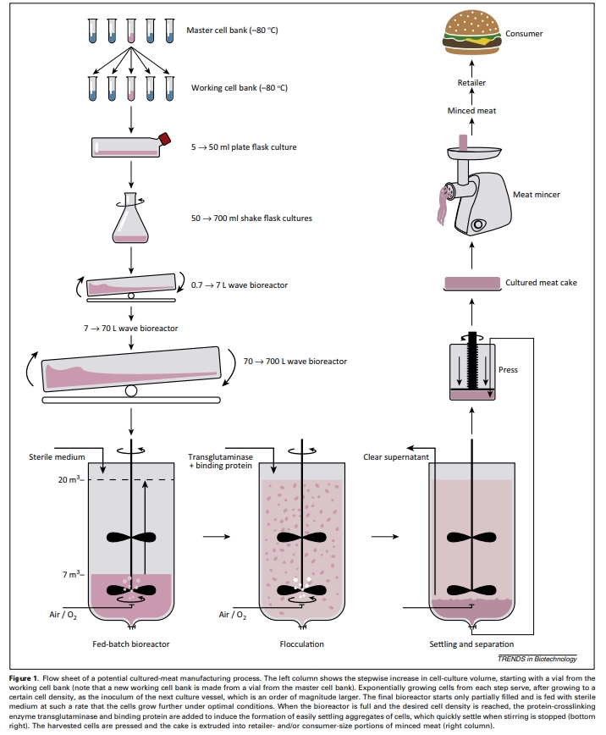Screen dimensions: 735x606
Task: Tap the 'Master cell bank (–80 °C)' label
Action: point(232,31)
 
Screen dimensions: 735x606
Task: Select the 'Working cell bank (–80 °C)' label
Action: point(234,88)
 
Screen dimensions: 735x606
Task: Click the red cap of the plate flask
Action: point(165,138)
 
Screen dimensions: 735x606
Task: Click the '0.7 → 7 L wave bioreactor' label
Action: point(240,285)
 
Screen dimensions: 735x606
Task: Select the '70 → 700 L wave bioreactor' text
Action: point(295,362)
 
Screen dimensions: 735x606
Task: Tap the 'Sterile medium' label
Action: point(52,457)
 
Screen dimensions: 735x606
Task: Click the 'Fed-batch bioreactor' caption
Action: point(131,644)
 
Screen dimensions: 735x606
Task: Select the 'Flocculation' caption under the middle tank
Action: point(302,644)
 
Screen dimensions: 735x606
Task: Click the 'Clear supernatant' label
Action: point(396,457)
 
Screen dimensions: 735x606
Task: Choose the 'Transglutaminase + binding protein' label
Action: point(218,461)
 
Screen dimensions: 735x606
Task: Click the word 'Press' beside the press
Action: point(509,370)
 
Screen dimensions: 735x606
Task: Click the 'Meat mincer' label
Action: point(537,195)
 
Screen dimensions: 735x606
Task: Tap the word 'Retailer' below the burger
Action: point(471,82)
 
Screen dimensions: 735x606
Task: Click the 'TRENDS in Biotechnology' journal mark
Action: point(537,660)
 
